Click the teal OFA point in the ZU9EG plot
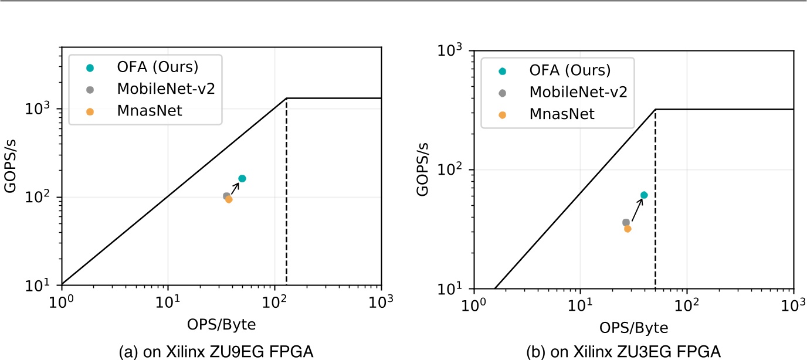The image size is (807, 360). coord(242,178)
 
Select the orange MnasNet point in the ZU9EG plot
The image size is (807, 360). coord(229,199)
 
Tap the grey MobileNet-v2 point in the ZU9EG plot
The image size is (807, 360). coord(226,196)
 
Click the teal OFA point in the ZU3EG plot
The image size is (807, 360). coord(644,195)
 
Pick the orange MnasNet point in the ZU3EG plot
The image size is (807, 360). coord(628,229)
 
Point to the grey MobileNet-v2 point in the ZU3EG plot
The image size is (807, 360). coord(626,222)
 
